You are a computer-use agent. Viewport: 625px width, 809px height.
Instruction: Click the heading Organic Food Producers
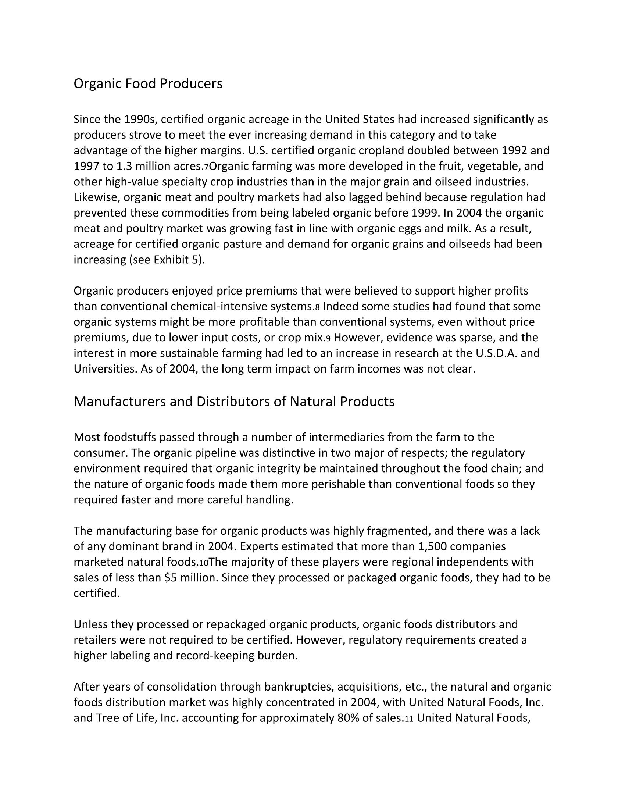pyautogui.click(x=148, y=84)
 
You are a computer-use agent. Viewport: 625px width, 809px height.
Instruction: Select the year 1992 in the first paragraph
pyautogui.click(x=515, y=150)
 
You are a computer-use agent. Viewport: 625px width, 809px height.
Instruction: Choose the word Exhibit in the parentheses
pyautogui.click(x=171, y=259)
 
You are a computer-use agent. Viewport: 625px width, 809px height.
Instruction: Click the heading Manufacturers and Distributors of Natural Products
pyautogui.click(x=234, y=402)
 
